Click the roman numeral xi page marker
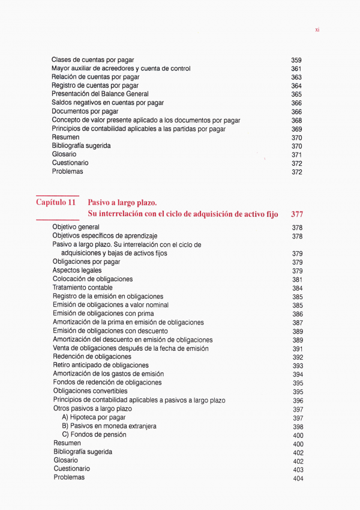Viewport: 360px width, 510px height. click(x=317, y=29)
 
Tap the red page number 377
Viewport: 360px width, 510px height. click(x=297, y=214)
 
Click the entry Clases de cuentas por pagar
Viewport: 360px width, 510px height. click(x=92, y=60)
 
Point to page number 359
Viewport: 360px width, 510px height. click(x=296, y=61)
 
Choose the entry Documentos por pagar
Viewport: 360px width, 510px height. click(x=85, y=112)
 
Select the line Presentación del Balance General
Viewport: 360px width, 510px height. click(x=100, y=94)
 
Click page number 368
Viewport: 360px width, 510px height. click(x=296, y=121)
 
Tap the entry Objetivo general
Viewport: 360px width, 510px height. click(x=76, y=228)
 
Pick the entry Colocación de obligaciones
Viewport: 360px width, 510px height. click(x=92, y=279)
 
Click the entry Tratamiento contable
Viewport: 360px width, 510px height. click(x=82, y=288)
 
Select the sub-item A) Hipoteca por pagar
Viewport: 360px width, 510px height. click(x=94, y=417)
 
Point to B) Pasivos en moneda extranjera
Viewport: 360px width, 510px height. click(x=109, y=426)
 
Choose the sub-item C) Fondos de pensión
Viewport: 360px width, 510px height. click(x=94, y=434)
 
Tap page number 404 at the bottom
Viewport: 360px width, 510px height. click(x=298, y=479)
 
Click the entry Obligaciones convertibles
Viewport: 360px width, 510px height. click(x=90, y=392)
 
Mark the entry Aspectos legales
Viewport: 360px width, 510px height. click(x=77, y=271)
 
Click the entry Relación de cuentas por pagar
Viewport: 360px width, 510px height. click(x=95, y=77)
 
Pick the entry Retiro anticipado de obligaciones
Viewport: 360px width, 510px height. click(x=101, y=365)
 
